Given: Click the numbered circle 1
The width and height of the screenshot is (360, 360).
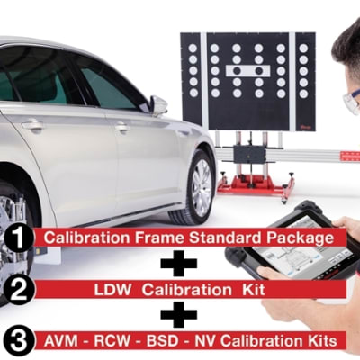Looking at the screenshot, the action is pyautogui.click(x=19, y=238).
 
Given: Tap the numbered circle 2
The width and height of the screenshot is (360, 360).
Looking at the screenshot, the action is pyautogui.click(x=19, y=290).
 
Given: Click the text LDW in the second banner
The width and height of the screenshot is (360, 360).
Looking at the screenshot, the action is pyautogui.click(x=112, y=290).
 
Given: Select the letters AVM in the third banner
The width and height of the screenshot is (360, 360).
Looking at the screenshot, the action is pyautogui.click(x=60, y=341).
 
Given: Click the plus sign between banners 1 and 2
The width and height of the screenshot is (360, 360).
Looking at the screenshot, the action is pyautogui.click(x=179, y=263).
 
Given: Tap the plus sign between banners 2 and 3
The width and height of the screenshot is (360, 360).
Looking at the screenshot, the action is pyautogui.click(x=179, y=314).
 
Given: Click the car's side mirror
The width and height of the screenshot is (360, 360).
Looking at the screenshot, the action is pyautogui.click(x=158, y=105).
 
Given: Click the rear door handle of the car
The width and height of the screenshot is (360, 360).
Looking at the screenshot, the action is pyautogui.click(x=32, y=125).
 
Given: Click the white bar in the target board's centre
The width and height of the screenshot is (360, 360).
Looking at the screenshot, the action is pyautogui.click(x=248, y=71).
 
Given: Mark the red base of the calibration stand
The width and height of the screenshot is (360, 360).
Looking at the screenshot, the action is pyautogui.click(x=255, y=184).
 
